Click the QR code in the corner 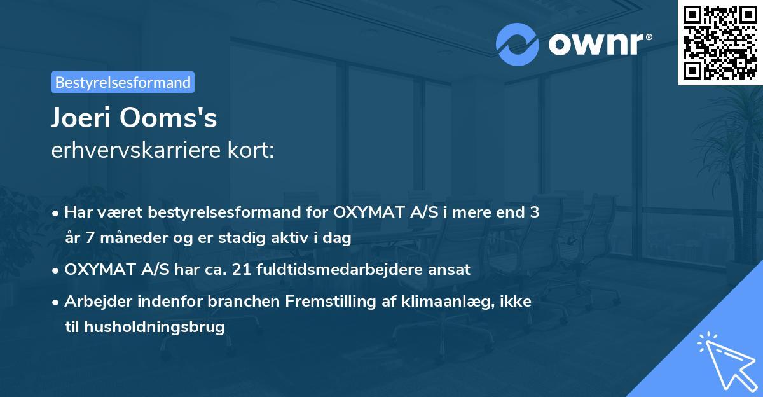click(720, 43)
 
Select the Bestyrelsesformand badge click(123, 82)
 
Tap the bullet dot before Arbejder click(57, 302)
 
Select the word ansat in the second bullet click(453, 270)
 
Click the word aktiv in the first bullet click(302, 239)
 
